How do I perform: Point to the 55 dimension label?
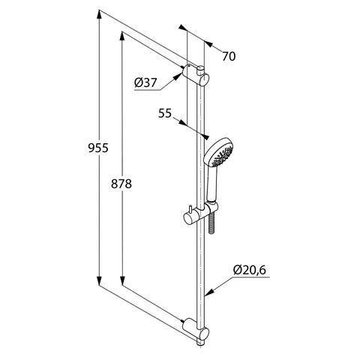click(x=166, y=113)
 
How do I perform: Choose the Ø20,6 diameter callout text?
click(x=248, y=268)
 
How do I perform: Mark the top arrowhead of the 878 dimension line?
click(x=121, y=34)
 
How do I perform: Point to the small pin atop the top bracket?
click(x=202, y=64)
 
